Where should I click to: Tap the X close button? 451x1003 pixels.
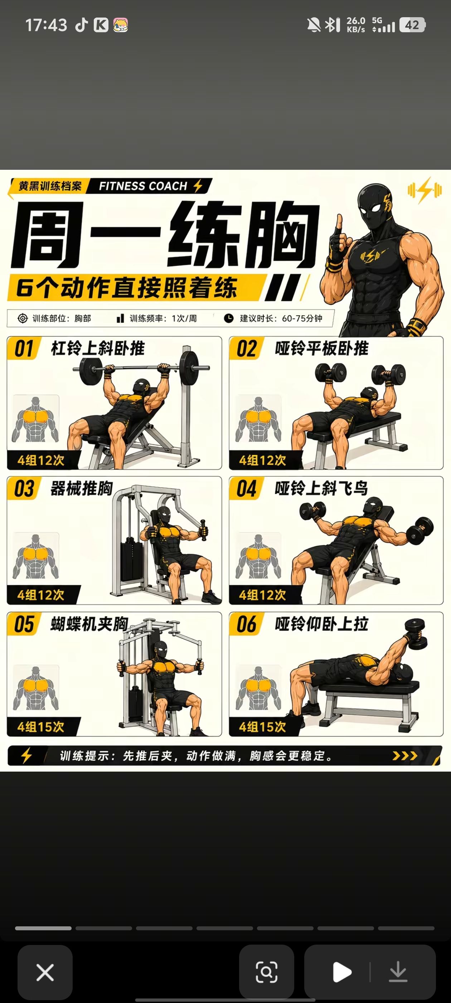[x=45, y=972]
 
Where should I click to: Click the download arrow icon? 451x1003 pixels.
[x=398, y=972]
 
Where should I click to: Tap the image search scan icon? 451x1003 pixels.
[x=267, y=972]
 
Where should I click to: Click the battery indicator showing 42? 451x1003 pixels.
[x=412, y=25]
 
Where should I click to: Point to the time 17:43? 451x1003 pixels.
[x=46, y=25]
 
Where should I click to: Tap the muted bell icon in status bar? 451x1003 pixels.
[x=314, y=25]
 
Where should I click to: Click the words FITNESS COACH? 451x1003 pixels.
[x=143, y=186]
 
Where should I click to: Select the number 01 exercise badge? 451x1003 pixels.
[x=24, y=348]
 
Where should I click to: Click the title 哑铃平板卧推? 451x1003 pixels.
[x=321, y=348]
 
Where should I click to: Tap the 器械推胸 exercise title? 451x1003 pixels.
[x=82, y=488]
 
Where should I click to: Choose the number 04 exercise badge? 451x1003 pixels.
[x=247, y=488]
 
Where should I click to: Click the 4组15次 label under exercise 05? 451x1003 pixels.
[x=41, y=726]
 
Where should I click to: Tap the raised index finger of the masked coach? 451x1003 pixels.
[x=339, y=224]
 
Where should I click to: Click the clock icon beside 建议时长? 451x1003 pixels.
[x=229, y=318]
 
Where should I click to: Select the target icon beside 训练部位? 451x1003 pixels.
[x=23, y=318]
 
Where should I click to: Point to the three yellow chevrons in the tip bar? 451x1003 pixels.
[x=405, y=756]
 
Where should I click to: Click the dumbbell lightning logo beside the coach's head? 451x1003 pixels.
[x=425, y=191]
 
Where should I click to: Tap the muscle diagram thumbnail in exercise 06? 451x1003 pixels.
[x=258, y=688]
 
